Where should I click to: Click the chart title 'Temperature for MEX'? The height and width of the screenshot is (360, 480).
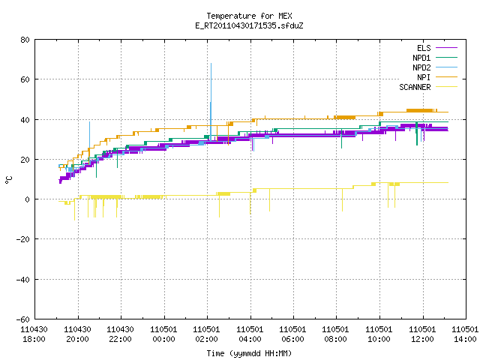pos(249,16)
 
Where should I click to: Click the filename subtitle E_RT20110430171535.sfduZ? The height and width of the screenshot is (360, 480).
pos(249,25)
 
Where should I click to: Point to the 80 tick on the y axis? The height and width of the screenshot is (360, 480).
pos(25,40)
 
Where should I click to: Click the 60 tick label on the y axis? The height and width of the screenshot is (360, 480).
pos(25,79)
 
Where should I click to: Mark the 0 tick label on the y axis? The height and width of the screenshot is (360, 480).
pos(28,199)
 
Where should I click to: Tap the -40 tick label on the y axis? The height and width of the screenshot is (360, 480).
pos(23,280)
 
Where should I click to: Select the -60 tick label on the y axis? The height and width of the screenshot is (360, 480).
pos(23,319)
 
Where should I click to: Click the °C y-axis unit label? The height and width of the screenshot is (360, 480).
pos(8,180)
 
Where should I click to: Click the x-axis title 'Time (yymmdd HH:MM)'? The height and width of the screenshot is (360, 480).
pos(249,353)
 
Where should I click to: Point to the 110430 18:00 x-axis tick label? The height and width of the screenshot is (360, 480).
pos(34,334)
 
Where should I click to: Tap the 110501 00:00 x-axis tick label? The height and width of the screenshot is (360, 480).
pos(163,334)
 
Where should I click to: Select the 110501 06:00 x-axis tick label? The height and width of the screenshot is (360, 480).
pos(292,334)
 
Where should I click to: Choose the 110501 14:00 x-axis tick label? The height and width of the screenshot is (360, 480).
pos(465,334)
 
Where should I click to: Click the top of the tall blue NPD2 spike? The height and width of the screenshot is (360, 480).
pos(211,63)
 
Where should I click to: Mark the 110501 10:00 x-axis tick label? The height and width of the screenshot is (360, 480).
pos(379,334)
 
